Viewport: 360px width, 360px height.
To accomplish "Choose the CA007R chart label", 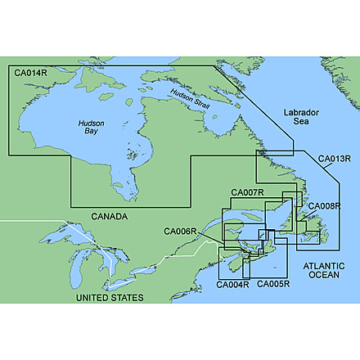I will tap(247, 192).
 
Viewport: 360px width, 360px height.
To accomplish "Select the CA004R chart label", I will tap(232, 285).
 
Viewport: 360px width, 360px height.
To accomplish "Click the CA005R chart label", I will tap(273, 285).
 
